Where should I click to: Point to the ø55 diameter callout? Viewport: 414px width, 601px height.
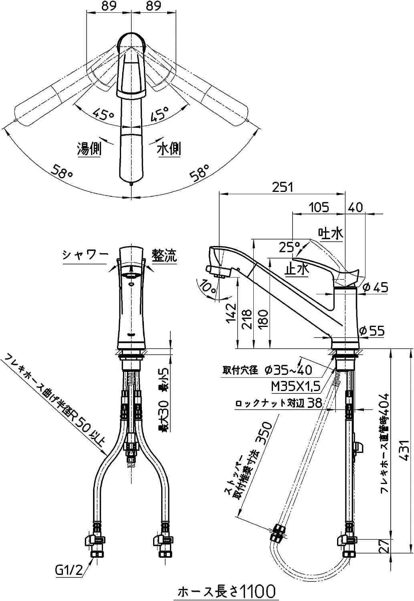tap(373, 331)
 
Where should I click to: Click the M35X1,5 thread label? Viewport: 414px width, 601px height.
tap(295, 386)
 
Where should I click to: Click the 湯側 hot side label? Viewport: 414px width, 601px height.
tap(89, 149)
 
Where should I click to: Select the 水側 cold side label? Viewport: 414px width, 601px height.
tap(169, 149)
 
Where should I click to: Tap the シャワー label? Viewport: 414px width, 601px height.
tap(85, 255)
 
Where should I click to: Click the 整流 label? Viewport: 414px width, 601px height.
tap(164, 255)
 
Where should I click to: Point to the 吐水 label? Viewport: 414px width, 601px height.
tap(331, 233)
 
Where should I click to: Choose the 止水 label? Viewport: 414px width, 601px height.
tap(296, 269)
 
